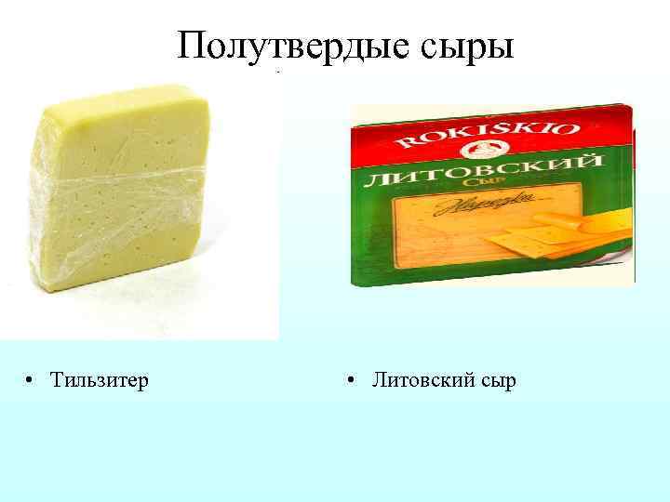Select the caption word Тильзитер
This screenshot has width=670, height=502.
tap(100, 380)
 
